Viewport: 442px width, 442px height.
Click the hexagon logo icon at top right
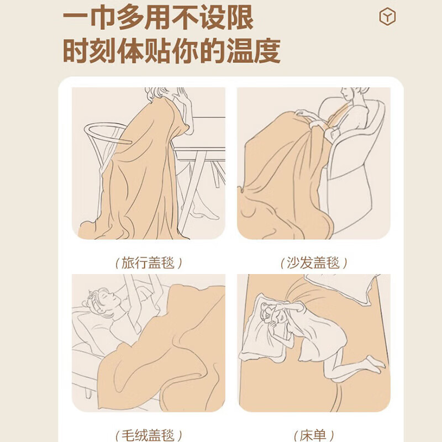[x=387, y=17]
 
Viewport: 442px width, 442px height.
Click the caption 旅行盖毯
[x=149, y=262]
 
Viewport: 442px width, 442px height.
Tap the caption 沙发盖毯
[x=314, y=262]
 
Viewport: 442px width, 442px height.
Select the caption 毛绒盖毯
[x=149, y=435]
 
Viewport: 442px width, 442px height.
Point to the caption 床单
[x=314, y=435]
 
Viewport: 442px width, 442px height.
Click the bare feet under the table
[x=206, y=213]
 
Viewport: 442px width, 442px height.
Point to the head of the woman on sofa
[x=349, y=95]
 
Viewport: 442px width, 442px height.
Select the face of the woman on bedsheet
[x=275, y=317]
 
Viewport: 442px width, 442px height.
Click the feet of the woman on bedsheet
[x=375, y=362]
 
